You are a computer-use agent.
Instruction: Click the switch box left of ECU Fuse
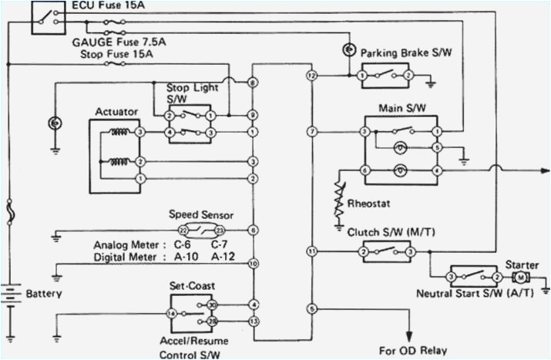pyautogui.click(x=49, y=17)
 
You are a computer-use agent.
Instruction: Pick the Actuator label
pyautogui.click(x=116, y=112)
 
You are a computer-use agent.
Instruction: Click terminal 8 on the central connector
pyautogui.click(x=253, y=82)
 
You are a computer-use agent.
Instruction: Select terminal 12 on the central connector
pyautogui.click(x=311, y=76)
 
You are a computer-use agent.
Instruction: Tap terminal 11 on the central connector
pyautogui.click(x=311, y=251)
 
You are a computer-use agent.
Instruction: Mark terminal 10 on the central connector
pyautogui.click(x=253, y=264)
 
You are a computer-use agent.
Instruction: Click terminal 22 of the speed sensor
pyautogui.click(x=183, y=230)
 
